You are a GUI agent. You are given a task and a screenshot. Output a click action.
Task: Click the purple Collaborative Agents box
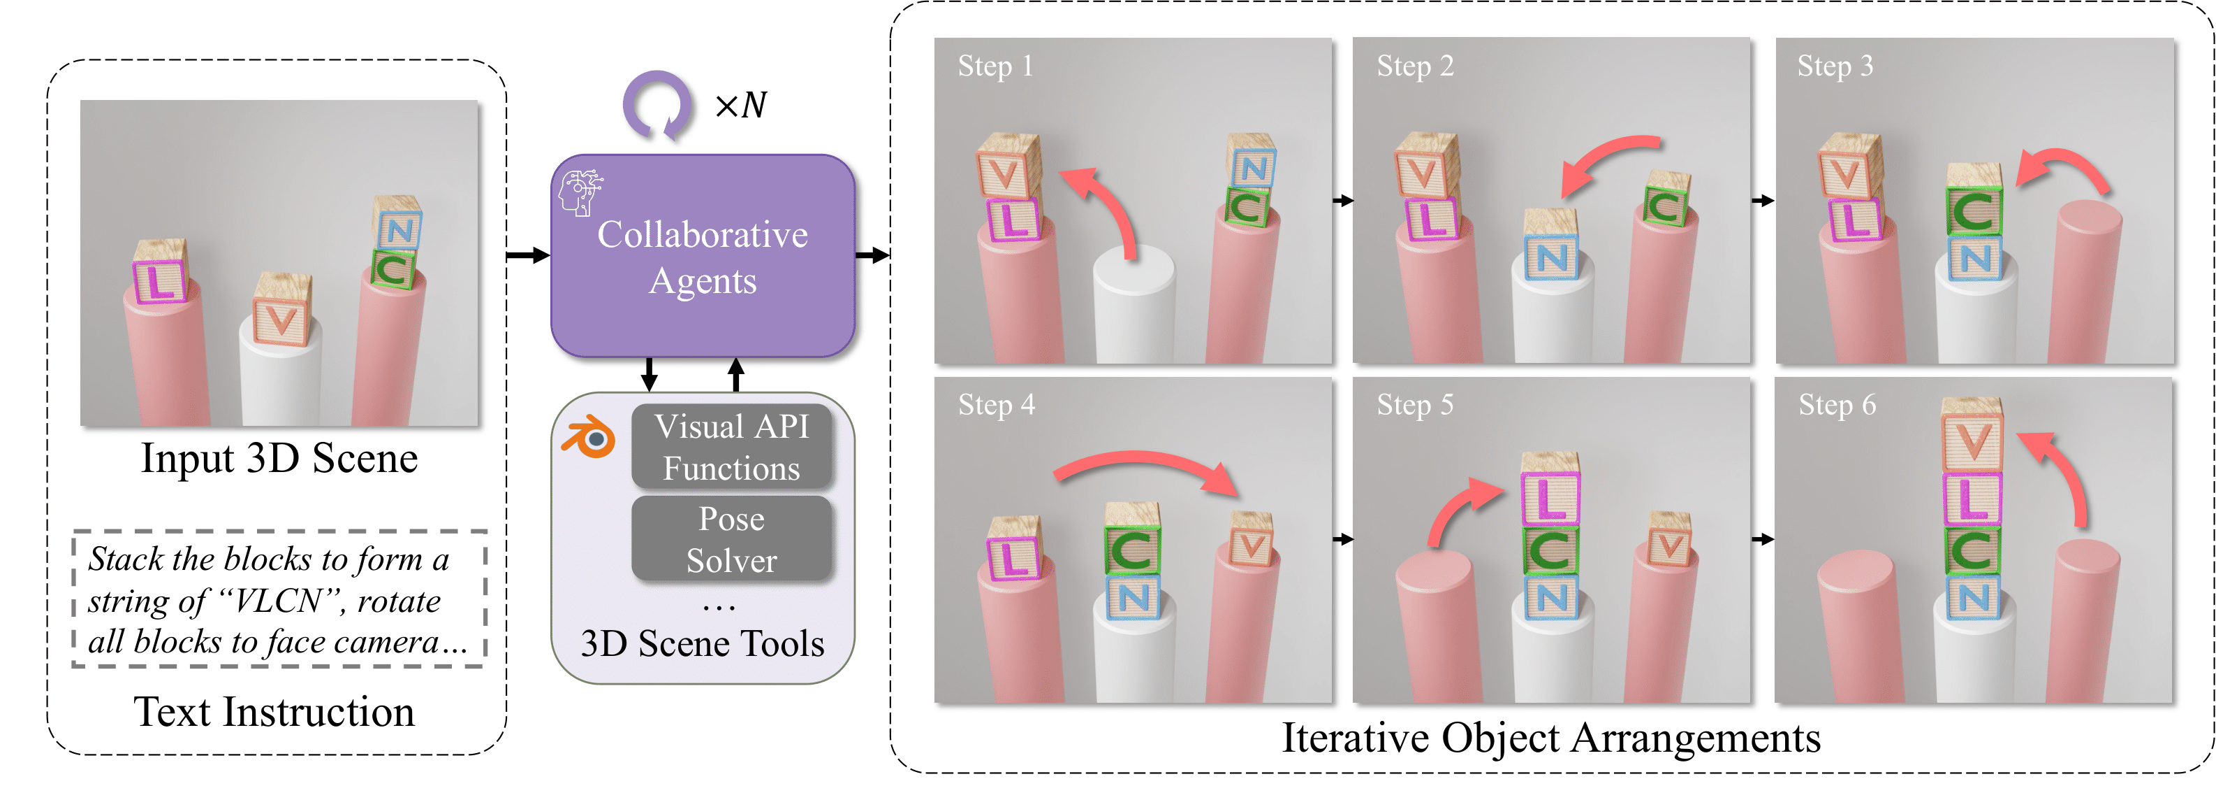[x=702, y=257]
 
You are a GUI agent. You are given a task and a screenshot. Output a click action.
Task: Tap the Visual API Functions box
[x=731, y=447]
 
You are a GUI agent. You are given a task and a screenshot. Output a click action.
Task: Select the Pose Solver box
[x=731, y=539]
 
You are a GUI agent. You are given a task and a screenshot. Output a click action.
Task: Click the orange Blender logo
[x=589, y=437]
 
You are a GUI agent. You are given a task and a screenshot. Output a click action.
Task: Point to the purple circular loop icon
[x=657, y=105]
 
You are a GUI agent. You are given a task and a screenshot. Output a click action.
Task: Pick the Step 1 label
[x=995, y=66]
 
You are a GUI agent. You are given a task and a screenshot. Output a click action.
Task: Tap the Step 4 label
[x=996, y=405]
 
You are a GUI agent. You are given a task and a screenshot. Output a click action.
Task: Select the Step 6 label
[x=1837, y=405]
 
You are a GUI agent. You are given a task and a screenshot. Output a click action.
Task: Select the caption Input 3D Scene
[x=279, y=458]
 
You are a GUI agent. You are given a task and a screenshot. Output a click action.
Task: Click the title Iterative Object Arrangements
[x=1550, y=738]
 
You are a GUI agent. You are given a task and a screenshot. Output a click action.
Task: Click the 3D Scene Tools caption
[x=702, y=644]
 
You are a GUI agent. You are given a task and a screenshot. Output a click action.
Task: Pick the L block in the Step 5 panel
[x=1550, y=499]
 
